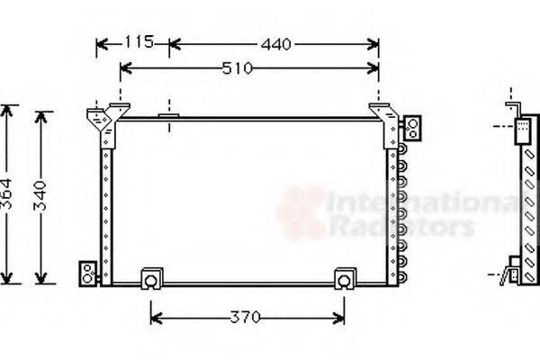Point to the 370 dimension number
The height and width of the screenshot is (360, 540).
coord(245,318)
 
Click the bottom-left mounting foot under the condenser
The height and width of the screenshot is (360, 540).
coord(151,280)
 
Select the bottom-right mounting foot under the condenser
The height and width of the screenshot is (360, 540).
coord(345,280)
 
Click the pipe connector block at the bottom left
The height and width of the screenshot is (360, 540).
coord(88,274)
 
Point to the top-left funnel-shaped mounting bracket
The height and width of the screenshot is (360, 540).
coord(96,117)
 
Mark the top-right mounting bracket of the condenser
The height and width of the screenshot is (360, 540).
coord(387,122)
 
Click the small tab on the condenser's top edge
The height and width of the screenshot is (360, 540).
coord(168,115)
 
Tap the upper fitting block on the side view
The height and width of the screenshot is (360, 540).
coord(522,132)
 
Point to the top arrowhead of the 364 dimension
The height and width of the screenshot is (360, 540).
coord(8,111)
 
